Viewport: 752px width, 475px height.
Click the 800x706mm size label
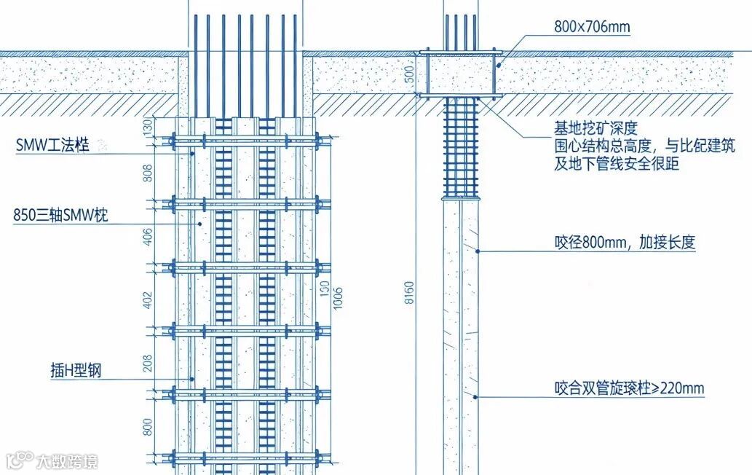pos(591,28)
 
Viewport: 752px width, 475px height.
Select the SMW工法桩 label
pos(52,146)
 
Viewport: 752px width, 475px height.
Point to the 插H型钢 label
pos(71,371)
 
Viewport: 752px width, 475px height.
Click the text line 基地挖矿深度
pos(595,129)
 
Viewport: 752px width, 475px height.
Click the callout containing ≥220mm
pos(629,388)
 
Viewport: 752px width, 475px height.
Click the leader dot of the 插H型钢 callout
pos(192,379)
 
